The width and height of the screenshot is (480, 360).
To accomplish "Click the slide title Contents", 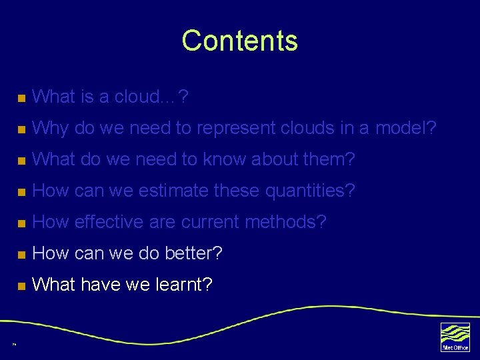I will pos(239,41).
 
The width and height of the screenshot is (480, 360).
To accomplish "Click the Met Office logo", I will pos(455,336).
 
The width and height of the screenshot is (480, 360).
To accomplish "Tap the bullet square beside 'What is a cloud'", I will pos(21,99).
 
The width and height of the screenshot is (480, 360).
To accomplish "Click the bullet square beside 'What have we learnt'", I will pos(21,286).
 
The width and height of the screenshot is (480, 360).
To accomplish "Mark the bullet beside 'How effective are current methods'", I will pos(21,223).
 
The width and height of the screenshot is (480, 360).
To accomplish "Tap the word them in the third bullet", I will pos(332,159).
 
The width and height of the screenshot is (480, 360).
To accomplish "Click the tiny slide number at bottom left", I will pos(14,345).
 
